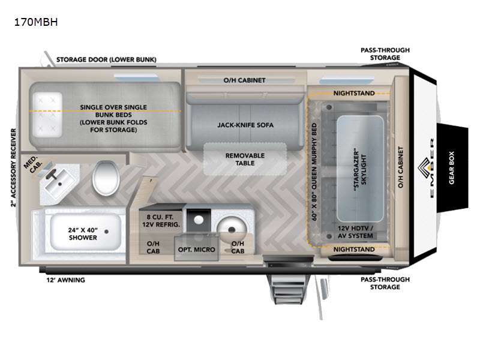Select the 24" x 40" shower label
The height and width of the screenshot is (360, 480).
(83, 233)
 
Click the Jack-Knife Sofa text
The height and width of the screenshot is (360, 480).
(242, 126)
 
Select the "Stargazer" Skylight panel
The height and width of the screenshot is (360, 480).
(359, 169)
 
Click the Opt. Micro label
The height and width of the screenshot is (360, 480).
(196, 249)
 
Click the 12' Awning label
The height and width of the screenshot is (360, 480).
(66, 280)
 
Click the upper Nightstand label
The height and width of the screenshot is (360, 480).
(354, 94)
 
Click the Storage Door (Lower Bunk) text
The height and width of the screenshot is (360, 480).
(106, 59)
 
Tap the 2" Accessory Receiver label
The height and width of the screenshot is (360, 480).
(13, 167)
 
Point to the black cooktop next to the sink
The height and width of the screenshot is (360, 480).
(196, 217)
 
